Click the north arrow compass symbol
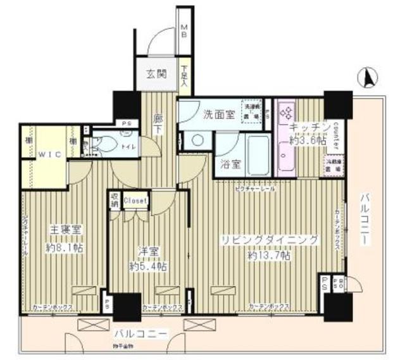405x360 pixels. point(369,78)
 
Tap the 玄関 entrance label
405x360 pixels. point(158,73)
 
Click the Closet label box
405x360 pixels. point(135,201)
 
